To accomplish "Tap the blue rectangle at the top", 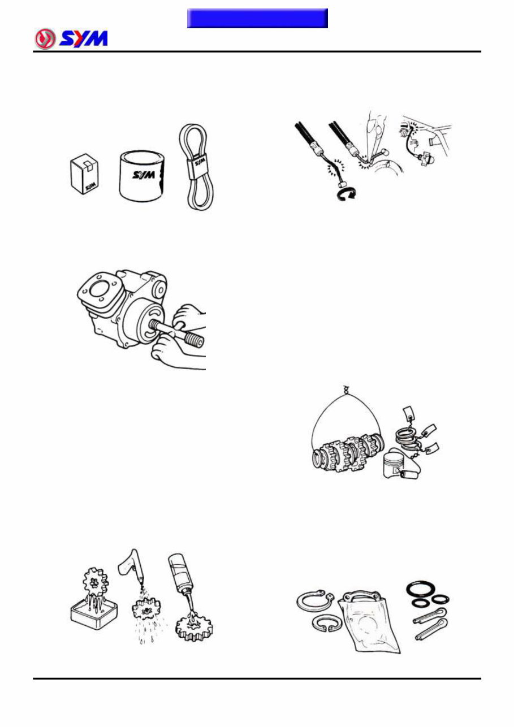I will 257,18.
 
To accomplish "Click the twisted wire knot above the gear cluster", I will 345,390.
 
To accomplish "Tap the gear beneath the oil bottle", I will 195,625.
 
